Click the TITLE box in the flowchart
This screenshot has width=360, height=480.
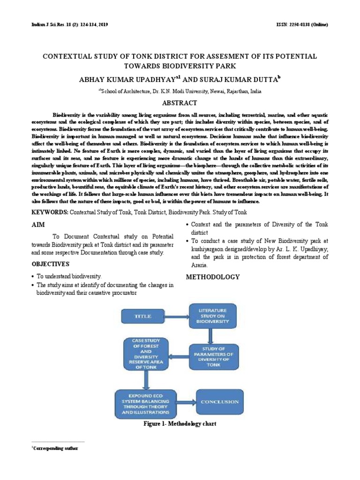pyautogui.click(x=143, y=316)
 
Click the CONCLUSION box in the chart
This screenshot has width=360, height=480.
pyautogui.click(x=219, y=402)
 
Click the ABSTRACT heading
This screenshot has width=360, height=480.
pyautogui.click(x=180, y=103)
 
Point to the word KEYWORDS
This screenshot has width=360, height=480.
pyautogui.click(x=49, y=212)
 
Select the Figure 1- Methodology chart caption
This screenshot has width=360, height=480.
pyautogui.click(x=180, y=424)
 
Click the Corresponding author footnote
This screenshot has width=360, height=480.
pyautogui.click(x=56, y=448)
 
